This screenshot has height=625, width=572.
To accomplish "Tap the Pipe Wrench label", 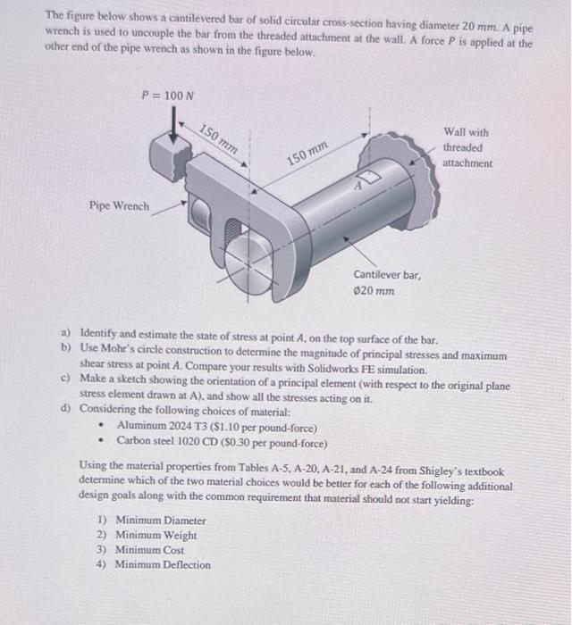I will point(119,206).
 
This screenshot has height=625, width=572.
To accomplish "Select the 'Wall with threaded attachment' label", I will point(467,147).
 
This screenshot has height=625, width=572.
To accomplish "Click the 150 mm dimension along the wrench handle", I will point(217,139).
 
